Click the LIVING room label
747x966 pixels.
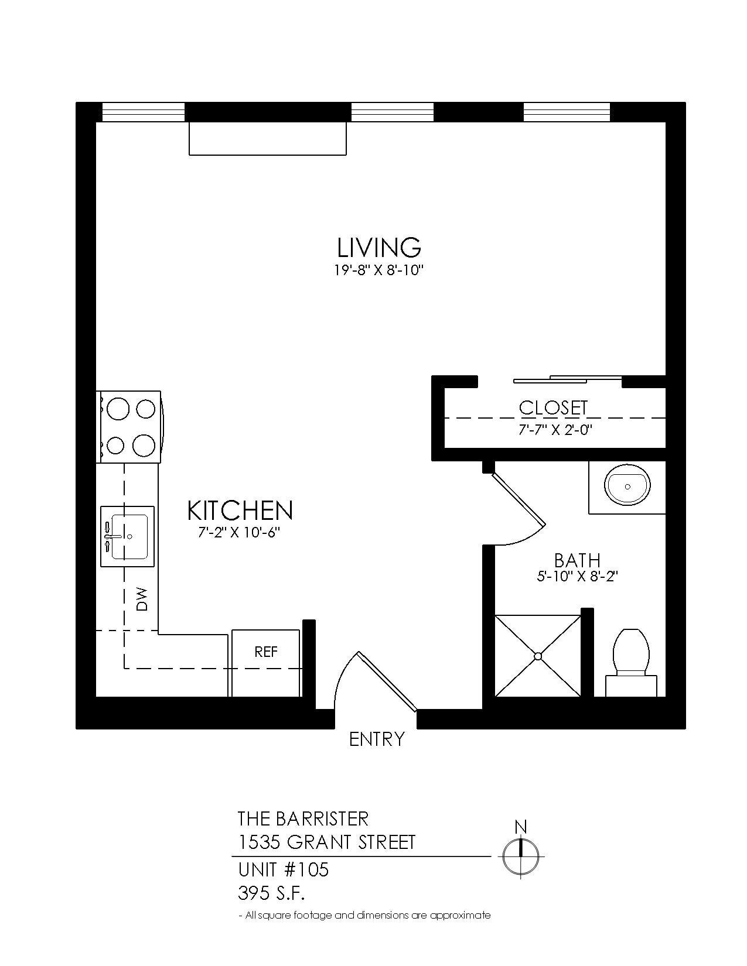click(379, 247)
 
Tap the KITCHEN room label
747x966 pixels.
click(240, 511)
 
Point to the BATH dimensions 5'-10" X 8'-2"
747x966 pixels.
click(577, 576)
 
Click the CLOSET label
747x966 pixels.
click(553, 407)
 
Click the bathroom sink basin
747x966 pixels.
click(627, 486)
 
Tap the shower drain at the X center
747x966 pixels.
click(538, 656)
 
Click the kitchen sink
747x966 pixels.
click(128, 536)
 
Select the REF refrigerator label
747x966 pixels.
click(266, 652)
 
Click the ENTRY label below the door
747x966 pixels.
click(377, 739)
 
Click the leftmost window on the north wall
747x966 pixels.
click(144, 112)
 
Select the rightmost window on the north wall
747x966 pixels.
click(567, 112)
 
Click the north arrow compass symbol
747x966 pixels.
click(521, 857)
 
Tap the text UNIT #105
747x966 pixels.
click(284, 870)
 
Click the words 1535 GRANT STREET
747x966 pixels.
click(326, 842)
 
